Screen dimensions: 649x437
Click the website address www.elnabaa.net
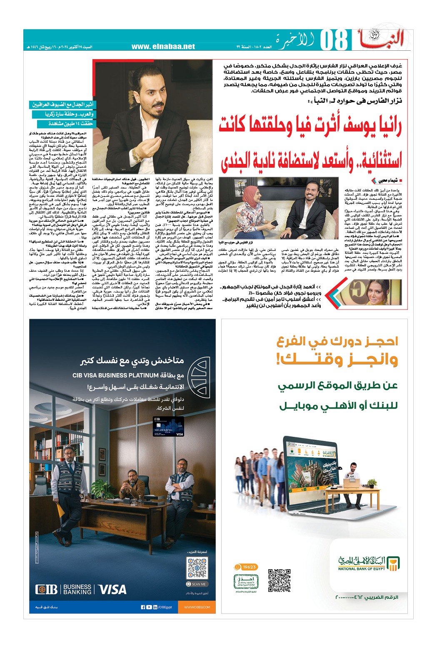(163, 47)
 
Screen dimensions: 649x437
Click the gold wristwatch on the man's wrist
(137, 155)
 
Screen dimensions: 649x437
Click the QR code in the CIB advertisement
(197, 568)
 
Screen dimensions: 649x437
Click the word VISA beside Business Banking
(112, 589)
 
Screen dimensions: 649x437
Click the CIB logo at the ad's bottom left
(47, 589)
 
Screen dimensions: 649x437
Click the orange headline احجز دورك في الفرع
(337, 342)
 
